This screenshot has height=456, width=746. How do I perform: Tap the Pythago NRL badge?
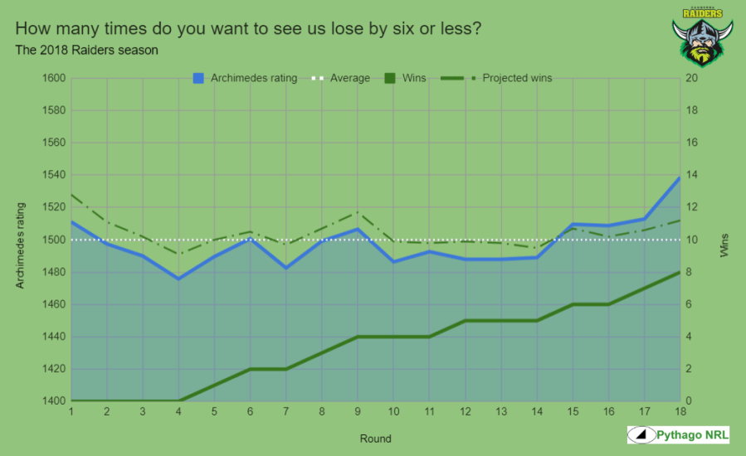(678, 434)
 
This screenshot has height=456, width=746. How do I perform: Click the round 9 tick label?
(358, 412)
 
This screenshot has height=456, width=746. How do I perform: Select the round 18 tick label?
(680, 412)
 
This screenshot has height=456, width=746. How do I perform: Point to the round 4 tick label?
(178, 412)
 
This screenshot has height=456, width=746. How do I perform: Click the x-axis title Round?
(375, 438)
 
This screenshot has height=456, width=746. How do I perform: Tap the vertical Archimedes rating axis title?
(21, 245)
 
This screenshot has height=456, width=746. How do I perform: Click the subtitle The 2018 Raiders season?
(86, 50)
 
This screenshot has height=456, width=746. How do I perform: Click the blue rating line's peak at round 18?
(680, 177)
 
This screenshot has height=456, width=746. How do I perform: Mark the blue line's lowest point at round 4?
(179, 279)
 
